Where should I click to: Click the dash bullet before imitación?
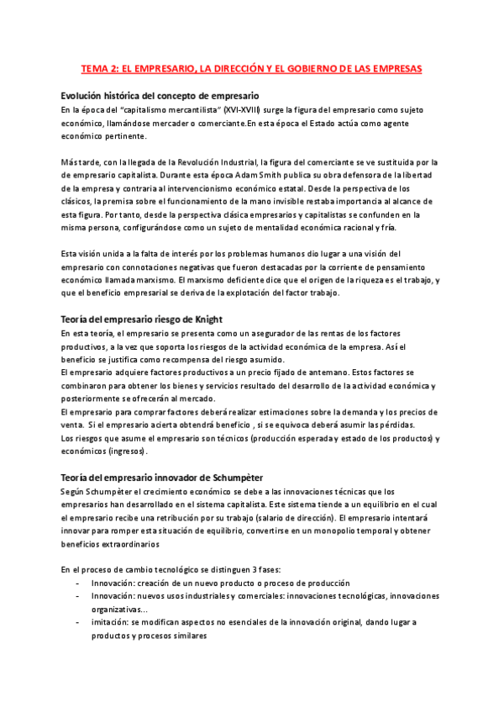[77, 622]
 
